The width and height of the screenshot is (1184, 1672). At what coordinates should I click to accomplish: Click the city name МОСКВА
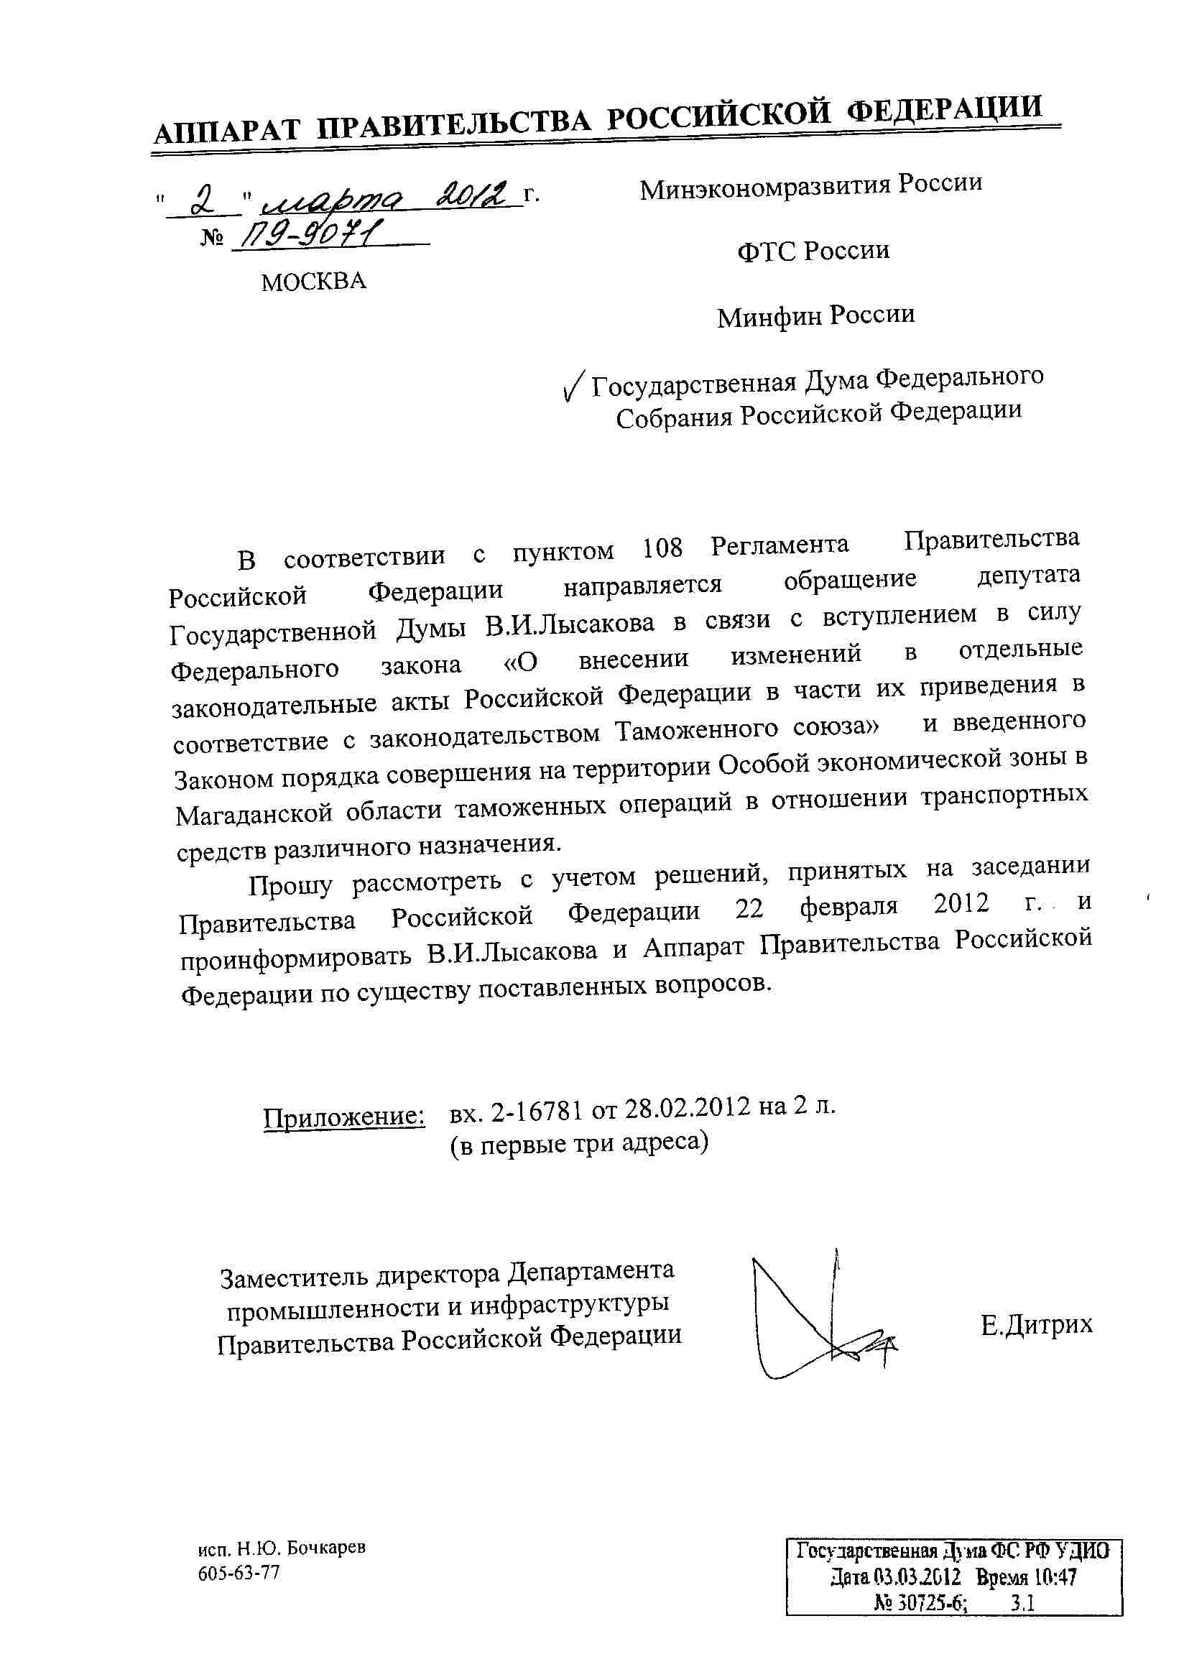tap(313, 282)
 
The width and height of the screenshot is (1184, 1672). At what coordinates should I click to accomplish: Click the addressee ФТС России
tap(813, 251)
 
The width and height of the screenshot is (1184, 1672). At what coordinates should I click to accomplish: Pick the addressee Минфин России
tap(815, 316)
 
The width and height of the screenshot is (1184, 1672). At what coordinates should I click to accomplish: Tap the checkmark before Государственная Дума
tap(575, 384)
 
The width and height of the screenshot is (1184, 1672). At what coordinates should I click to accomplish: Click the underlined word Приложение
tap(344, 1117)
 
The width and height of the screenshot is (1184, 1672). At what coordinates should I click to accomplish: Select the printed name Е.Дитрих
tap(1037, 1324)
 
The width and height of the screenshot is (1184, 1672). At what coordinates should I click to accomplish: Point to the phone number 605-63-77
tap(239, 1574)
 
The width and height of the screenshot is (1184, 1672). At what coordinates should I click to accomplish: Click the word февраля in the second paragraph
tap(848, 908)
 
